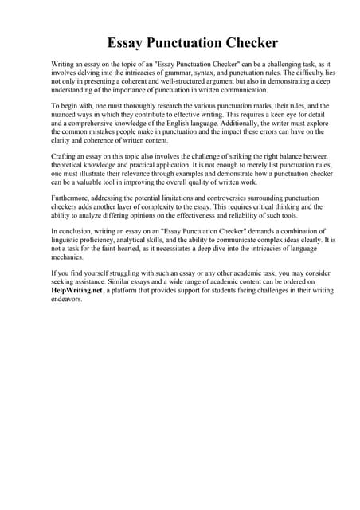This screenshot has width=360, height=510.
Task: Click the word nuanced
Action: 67,115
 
